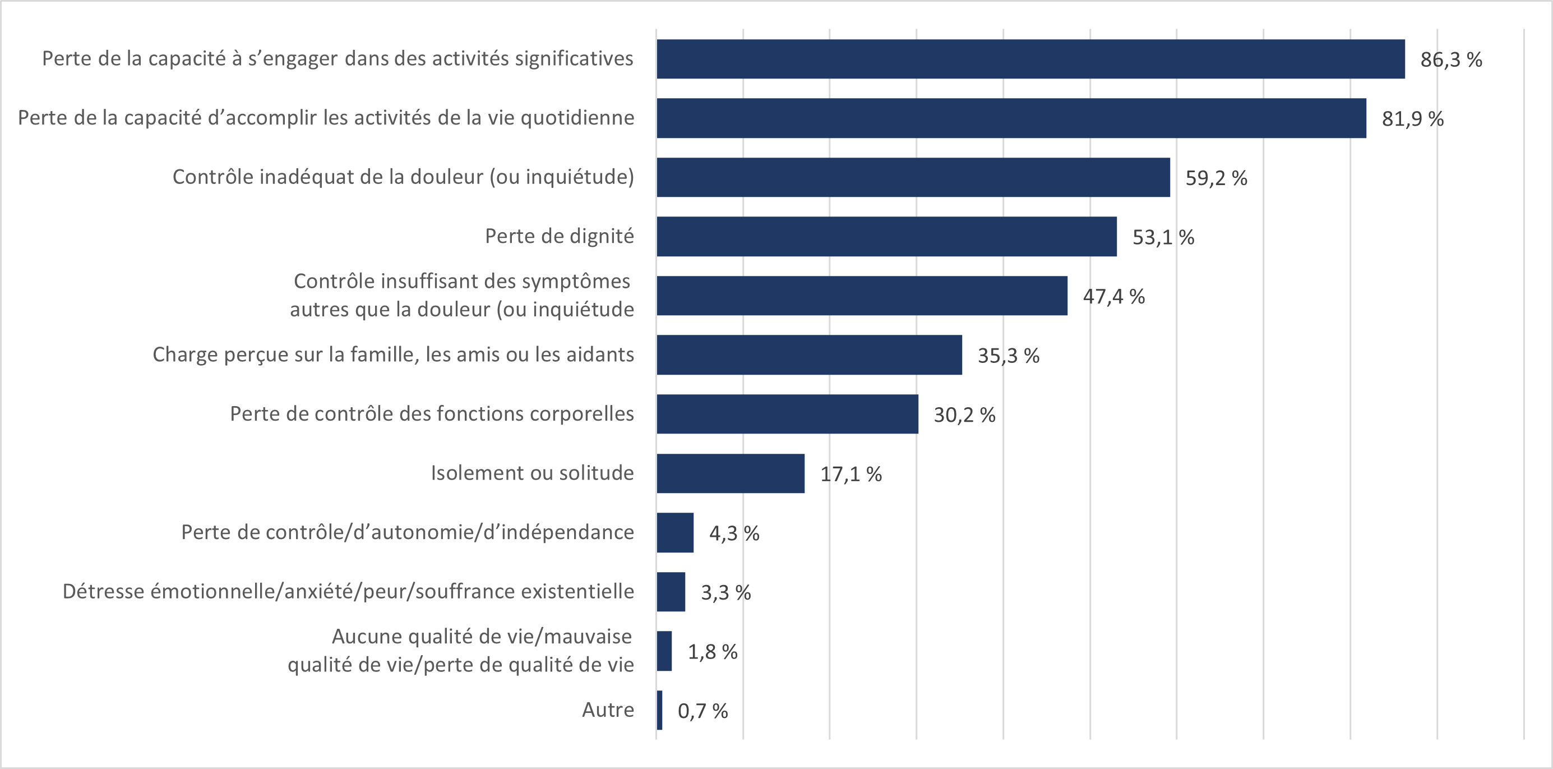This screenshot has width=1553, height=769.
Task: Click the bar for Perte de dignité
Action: pos(886,237)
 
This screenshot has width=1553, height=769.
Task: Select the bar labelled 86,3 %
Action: pos(1030,59)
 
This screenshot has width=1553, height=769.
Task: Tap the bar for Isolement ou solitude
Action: pos(730,473)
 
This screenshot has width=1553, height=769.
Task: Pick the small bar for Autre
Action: pos(659,711)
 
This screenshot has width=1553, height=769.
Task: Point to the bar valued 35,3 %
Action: pos(809,355)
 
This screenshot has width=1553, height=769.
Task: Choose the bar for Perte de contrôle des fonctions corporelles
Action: pos(787,415)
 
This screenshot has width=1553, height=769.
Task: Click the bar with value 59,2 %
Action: pos(913,177)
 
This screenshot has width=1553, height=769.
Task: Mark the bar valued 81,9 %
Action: pos(1011,118)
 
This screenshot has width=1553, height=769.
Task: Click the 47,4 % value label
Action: pos(1113,296)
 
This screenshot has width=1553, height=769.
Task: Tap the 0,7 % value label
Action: pos(702,711)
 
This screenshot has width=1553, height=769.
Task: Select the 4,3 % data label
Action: pos(734,533)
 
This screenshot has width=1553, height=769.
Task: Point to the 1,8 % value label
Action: pos(713,652)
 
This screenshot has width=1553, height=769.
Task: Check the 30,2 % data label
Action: pos(964,415)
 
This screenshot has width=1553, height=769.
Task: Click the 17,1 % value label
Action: pos(851,474)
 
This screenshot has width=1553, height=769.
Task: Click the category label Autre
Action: pos(608,710)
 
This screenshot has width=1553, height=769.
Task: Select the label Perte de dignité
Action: pos(559,236)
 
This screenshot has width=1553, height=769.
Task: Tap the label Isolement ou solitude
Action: pos(531,473)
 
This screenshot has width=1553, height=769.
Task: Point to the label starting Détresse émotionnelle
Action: pos(348,592)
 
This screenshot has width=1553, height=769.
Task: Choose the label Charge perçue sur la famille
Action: pos(393,354)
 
